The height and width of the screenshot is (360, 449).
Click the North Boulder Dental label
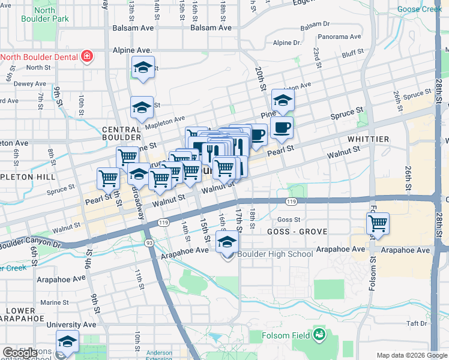(40, 57)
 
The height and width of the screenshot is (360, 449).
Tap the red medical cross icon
(87, 56)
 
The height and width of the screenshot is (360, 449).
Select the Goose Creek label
(420, 9)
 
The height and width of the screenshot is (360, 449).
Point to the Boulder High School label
(276, 254)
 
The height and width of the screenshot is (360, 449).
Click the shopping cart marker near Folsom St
(378, 224)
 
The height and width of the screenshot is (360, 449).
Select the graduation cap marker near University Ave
(67, 341)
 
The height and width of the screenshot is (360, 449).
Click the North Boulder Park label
(44, 14)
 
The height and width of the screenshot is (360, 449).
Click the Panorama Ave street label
(340, 37)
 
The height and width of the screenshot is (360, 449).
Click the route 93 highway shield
(148, 243)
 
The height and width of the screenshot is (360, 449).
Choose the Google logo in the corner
(20, 353)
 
